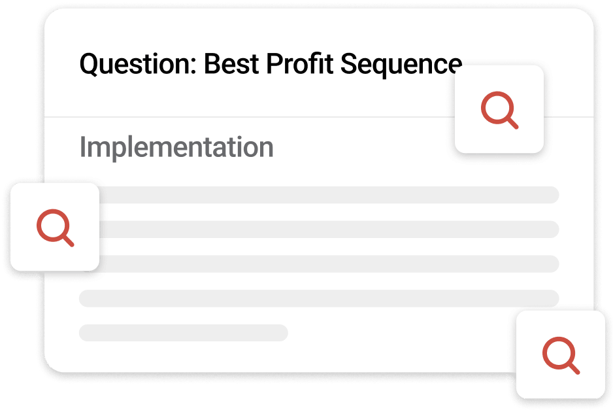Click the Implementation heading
176,148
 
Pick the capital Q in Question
88,65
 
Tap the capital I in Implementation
82,147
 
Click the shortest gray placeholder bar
183,332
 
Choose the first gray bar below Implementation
327,195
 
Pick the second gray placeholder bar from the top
327,230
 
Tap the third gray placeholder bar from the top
327,264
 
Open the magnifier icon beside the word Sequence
499,110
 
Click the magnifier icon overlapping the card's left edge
55,227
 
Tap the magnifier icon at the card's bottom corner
561,355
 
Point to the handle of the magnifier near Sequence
512,123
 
